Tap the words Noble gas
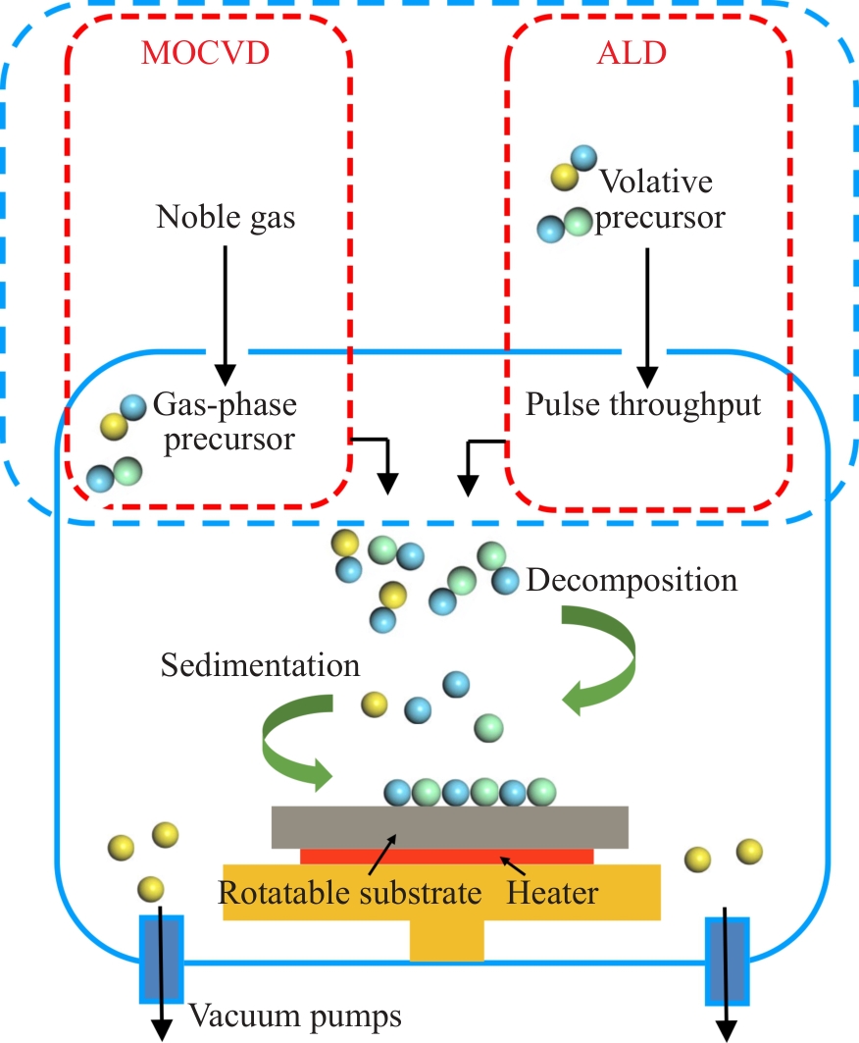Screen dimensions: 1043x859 click(226, 217)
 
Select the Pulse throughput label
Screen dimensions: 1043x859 click(643, 404)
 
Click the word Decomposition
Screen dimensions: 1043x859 click(632, 580)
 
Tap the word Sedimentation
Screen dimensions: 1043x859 click(261, 666)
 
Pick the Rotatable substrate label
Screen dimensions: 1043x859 click(349, 894)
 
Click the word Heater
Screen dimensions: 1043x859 click(552, 894)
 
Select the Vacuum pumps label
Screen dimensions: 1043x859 click(295, 1016)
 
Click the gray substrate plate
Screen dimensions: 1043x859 click(450, 826)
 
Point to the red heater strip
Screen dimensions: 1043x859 click(447, 857)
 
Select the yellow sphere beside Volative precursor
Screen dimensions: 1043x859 click(562, 177)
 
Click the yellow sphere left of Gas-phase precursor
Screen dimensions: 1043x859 click(113, 427)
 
